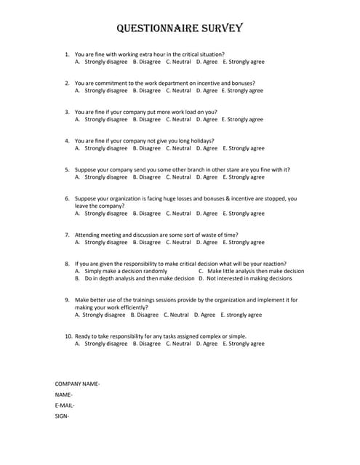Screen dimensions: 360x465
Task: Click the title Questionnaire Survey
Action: coord(180,29)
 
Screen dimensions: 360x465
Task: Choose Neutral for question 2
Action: coord(178,91)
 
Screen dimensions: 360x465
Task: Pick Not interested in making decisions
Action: coord(244,278)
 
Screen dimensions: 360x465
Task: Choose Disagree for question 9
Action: coord(148,315)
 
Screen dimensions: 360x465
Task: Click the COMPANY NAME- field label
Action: coord(77,383)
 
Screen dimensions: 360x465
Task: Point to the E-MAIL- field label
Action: coord(65,405)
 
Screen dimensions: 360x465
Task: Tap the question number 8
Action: coord(67,264)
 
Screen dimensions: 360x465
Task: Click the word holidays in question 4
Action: coord(210,141)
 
